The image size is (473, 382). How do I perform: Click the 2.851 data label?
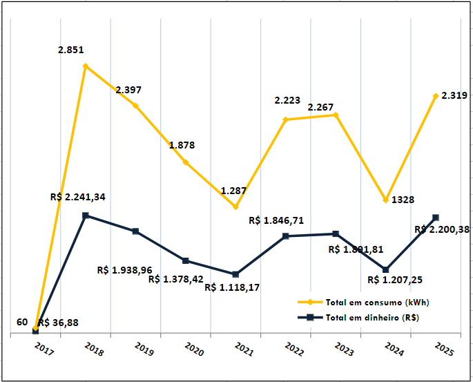[72, 50]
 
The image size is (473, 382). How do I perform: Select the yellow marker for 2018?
[86, 66]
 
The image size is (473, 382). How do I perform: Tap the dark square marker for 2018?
[86, 216]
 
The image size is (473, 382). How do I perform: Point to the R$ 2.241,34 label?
[78, 197]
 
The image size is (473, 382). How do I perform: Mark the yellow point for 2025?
[436, 96]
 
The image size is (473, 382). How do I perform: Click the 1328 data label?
[403, 200]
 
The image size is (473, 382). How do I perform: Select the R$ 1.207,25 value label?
[395, 280]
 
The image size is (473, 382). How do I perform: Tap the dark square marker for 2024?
[386, 269]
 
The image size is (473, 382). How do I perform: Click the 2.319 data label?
[455, 95]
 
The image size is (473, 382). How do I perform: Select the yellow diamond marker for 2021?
[235, 207]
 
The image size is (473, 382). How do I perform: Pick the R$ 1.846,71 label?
[276, 220]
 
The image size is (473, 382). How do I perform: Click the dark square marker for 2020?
[186, 260]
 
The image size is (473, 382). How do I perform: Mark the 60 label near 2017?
[22, 323]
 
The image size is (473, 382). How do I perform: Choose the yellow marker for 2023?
[336, 115]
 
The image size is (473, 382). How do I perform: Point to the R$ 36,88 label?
[58, 323]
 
